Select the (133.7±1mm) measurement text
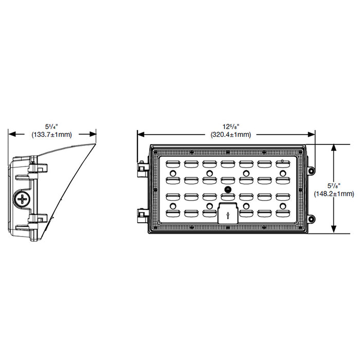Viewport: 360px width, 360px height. tap(52, 135)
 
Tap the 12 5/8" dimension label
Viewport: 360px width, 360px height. tap(226, 126)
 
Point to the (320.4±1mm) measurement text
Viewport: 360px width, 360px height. tap(226, 135)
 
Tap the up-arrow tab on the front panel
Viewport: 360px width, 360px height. tap(227, 212)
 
